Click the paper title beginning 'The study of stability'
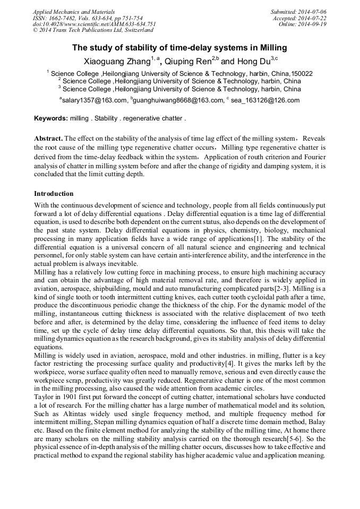pyautogui.click(x=179, y=48)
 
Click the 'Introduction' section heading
pyautogui.click(x=54, y=194)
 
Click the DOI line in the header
pyautogui.click(x=94, y=24)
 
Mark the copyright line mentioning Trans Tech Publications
pyautogui.click(x=93, y=31)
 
